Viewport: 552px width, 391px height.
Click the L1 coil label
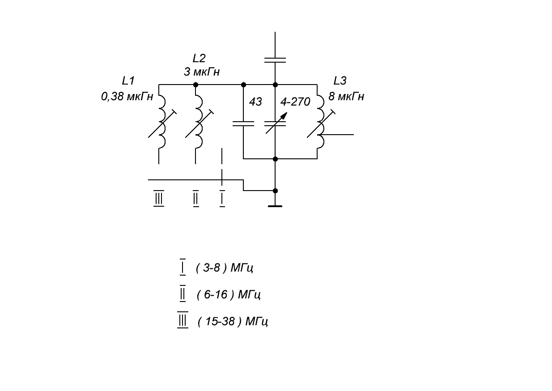128,81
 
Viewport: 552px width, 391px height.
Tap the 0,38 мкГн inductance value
127,96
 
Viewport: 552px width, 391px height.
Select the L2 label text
199,59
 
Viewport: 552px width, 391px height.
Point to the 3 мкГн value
202,72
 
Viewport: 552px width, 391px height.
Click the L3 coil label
340,81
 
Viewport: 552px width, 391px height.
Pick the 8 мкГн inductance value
346,96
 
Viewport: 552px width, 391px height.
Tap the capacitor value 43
255,102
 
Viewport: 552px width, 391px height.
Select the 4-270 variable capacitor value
295,102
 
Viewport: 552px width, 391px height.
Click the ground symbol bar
275,206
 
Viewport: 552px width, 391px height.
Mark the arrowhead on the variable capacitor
284,115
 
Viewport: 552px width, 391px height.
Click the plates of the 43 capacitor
243,123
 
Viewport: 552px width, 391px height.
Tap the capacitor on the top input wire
275,60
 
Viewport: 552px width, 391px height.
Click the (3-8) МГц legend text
224,268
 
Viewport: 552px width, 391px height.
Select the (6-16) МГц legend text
229,294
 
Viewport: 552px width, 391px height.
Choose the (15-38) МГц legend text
233,321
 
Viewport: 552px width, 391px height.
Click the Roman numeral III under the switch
159,198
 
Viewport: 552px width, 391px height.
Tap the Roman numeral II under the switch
196,198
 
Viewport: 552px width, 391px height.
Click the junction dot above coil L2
195,85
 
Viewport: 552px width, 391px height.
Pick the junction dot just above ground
275,191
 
